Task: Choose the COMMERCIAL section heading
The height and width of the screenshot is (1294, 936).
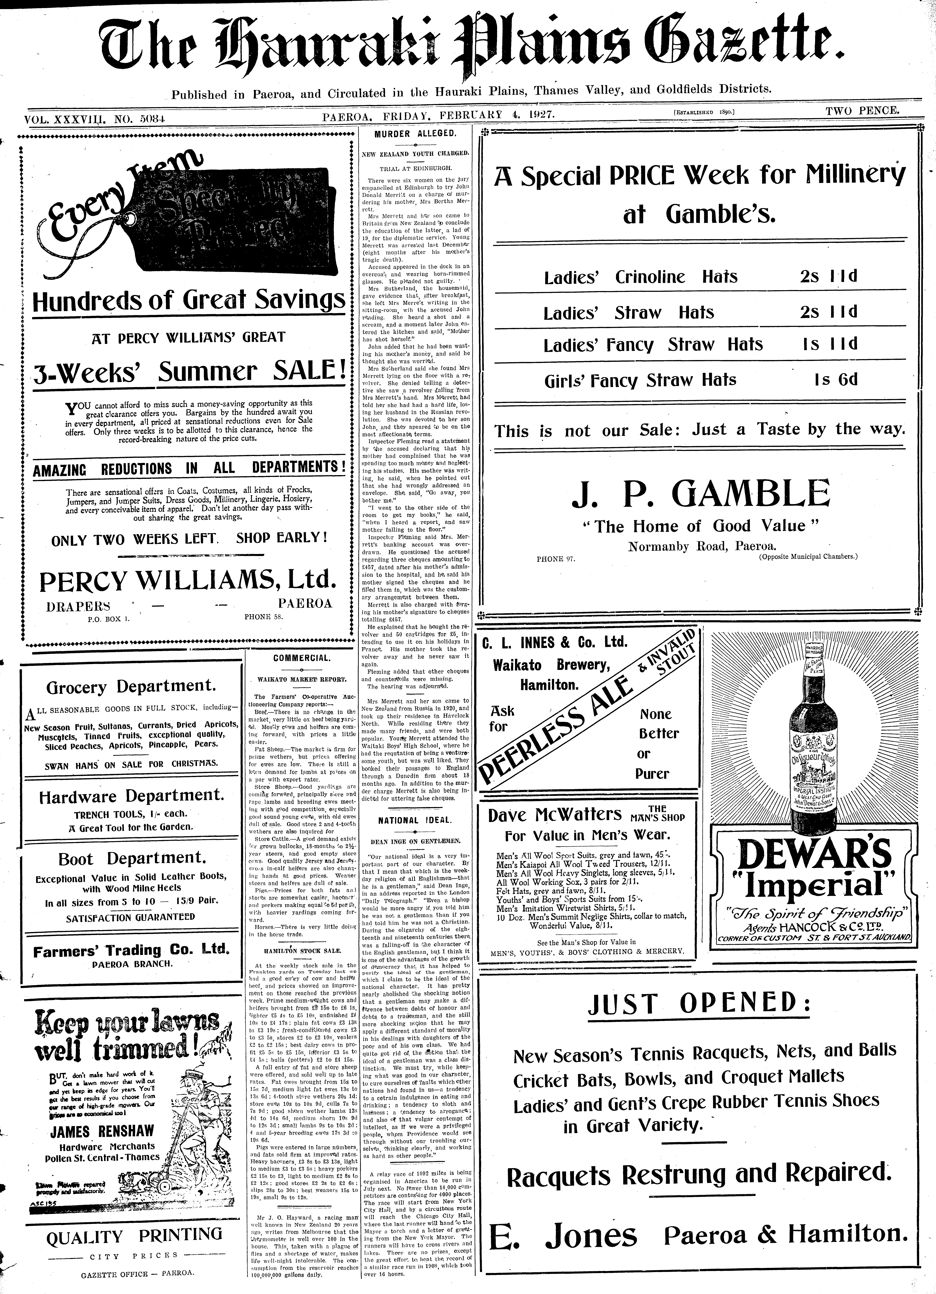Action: point(302,658)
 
